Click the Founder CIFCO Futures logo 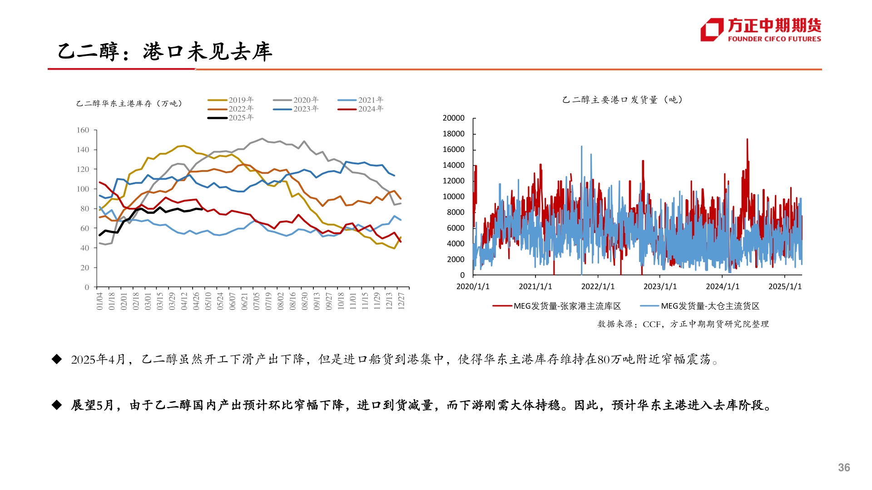tap(761, 30)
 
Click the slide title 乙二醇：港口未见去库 tap(164, 51)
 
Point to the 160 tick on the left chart tap(83, 130)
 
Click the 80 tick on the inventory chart tap(85, 209)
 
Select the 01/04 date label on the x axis tap(100, 301)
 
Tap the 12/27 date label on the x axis tap(401, 301)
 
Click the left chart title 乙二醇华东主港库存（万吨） tap(129, 103)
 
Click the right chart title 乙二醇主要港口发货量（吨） tap(622, 100)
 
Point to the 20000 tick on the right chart tap(453, 118)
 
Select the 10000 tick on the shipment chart tap(453, 196)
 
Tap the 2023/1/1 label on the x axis tap(660, 286)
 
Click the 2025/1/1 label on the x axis tap(785, 286)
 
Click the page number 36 tap(844, 467)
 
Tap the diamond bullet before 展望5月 tap(57, 405)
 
